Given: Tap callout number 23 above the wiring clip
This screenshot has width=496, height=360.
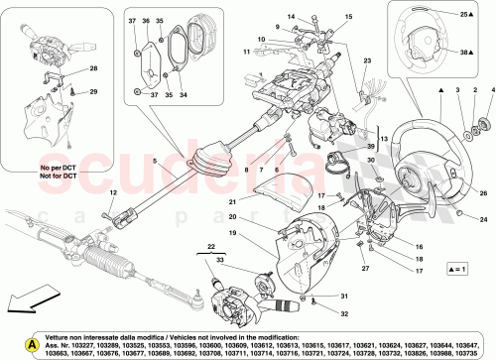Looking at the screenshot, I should coord(366,61).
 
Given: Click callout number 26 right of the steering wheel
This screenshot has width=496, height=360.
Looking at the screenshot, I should coord(455,194).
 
